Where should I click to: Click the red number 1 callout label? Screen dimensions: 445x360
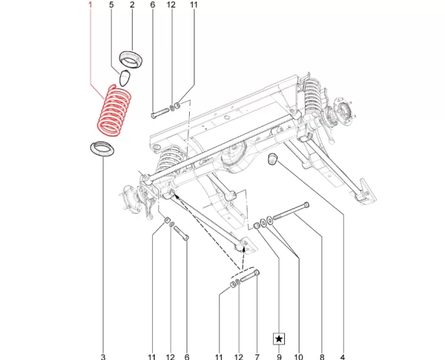click(90, 4)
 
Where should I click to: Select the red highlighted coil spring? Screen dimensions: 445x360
click(114, 111)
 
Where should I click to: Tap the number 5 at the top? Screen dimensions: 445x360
click(111, 4)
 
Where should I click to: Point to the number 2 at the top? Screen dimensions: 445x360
click(132, 4)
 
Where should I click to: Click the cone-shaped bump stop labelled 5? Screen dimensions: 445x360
click(124, 79)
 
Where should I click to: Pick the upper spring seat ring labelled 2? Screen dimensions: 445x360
click(131, 59)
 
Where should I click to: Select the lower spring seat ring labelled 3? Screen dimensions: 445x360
click(102, 149)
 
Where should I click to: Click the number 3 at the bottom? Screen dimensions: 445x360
click(103, 356)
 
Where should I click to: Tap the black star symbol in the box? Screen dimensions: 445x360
click(279, 338)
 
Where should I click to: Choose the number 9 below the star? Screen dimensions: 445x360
click(279, 356)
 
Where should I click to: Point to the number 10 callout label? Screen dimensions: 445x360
click(299, 356)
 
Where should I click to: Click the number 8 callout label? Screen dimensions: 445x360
click(322, 356)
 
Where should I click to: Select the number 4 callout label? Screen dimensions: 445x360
click(343, 356)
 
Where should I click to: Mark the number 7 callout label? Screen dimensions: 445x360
click(257, 356)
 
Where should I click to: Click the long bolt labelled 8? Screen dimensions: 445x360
click(291, 212)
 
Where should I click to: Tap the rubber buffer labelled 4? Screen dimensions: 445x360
click(273, 159)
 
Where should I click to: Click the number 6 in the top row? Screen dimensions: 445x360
click(153, 4)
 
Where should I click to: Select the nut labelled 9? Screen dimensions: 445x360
click(257, 225)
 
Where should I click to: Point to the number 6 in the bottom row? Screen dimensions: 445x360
click(187, 356)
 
